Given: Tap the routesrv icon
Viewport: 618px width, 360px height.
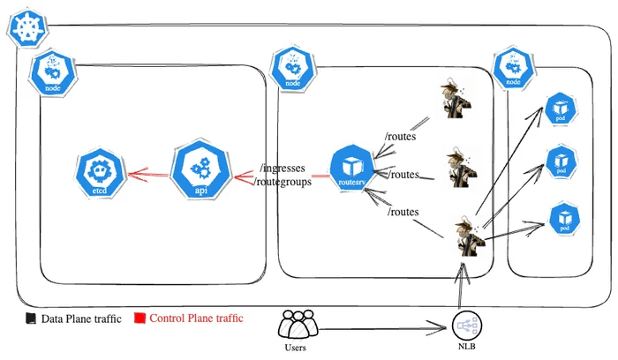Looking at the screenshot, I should [351, 168].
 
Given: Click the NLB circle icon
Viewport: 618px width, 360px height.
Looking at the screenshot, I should [468, 329].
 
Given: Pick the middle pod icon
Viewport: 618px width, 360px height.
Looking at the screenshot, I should [562, 161].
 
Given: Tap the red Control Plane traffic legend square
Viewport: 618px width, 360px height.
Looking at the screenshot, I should [139, 318].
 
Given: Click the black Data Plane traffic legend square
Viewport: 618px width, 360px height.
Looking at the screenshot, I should [30, 318].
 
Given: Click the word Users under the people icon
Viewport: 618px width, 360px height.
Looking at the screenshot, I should [298, 349].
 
